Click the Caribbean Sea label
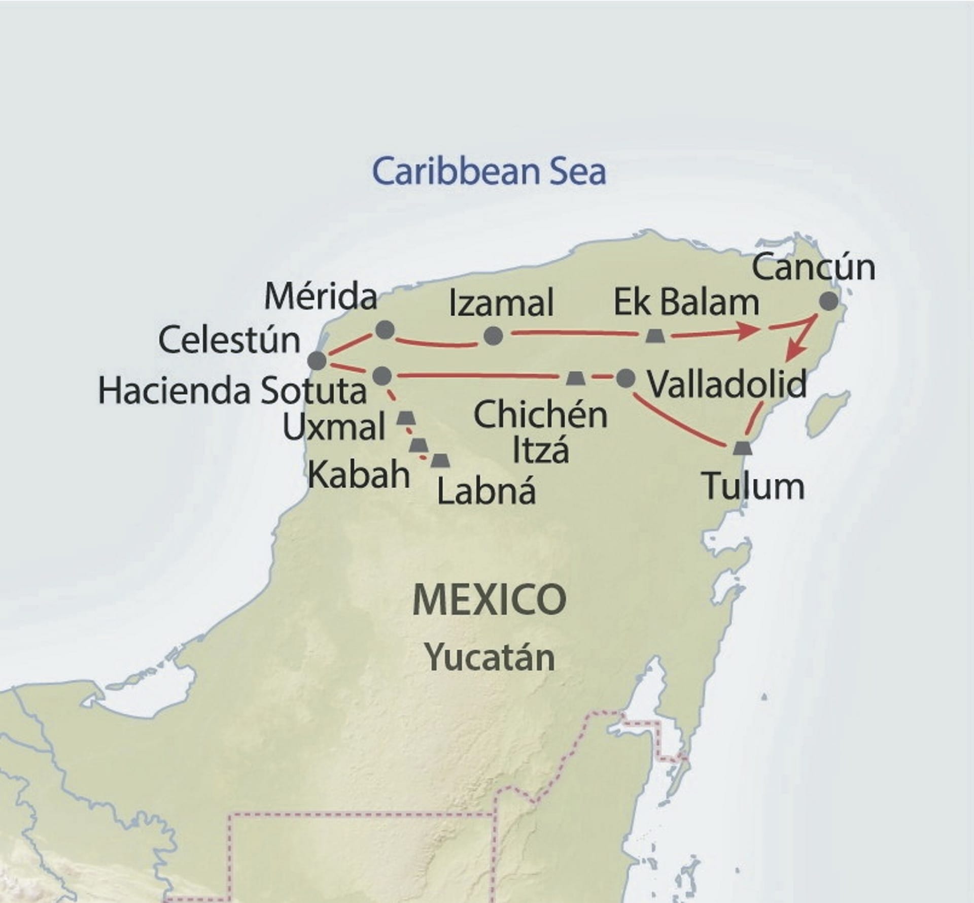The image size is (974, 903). (489, 172)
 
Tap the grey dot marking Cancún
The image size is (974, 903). (829, 302)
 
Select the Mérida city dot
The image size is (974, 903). (385, 330)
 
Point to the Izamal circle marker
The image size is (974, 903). (493, 336)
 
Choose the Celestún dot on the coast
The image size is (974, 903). (317, 361)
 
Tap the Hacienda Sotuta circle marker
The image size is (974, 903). (382, 376)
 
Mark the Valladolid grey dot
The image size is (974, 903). (625, 378)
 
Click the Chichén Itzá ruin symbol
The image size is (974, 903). (574, 378)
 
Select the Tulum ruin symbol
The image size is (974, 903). (742, 448)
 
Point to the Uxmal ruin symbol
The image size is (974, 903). (405, 418)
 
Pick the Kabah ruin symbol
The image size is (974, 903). (419, 445)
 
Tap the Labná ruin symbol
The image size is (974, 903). (440, 460)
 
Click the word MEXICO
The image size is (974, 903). (489, 599)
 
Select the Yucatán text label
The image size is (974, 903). (489, 658)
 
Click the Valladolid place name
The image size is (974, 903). (727, 384)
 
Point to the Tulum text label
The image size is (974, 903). (754, 486)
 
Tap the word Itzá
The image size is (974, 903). (540, 450)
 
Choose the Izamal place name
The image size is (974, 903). (501, 304)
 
